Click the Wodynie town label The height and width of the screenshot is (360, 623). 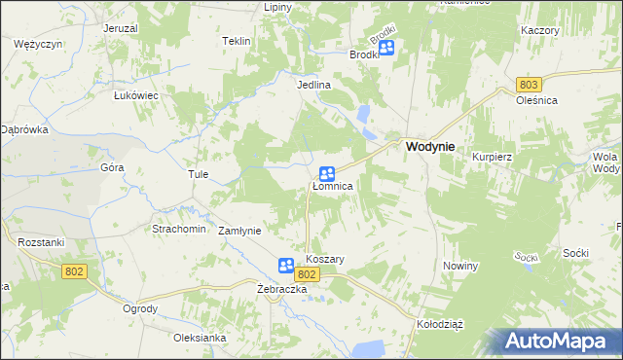click(x=428, y=146)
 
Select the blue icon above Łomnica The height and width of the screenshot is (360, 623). click(x=328, y=173)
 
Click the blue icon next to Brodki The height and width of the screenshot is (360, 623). click(x=386, y=47)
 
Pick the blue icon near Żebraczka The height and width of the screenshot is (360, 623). click(x=286, y=265)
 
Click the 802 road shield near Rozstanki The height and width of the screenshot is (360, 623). click(x=74, y=271)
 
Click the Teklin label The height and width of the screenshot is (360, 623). click(x=237, y=41)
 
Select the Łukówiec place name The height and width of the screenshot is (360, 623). click(x=136, y=95)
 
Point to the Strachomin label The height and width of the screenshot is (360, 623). click(x=178, y=229)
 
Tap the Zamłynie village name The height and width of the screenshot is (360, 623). click(x=239, y=231)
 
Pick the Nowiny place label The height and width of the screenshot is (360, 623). click(x=460, y=266)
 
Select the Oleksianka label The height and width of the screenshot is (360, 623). click(x=200, y=338)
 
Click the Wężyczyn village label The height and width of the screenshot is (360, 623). click(x=39, y=45)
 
